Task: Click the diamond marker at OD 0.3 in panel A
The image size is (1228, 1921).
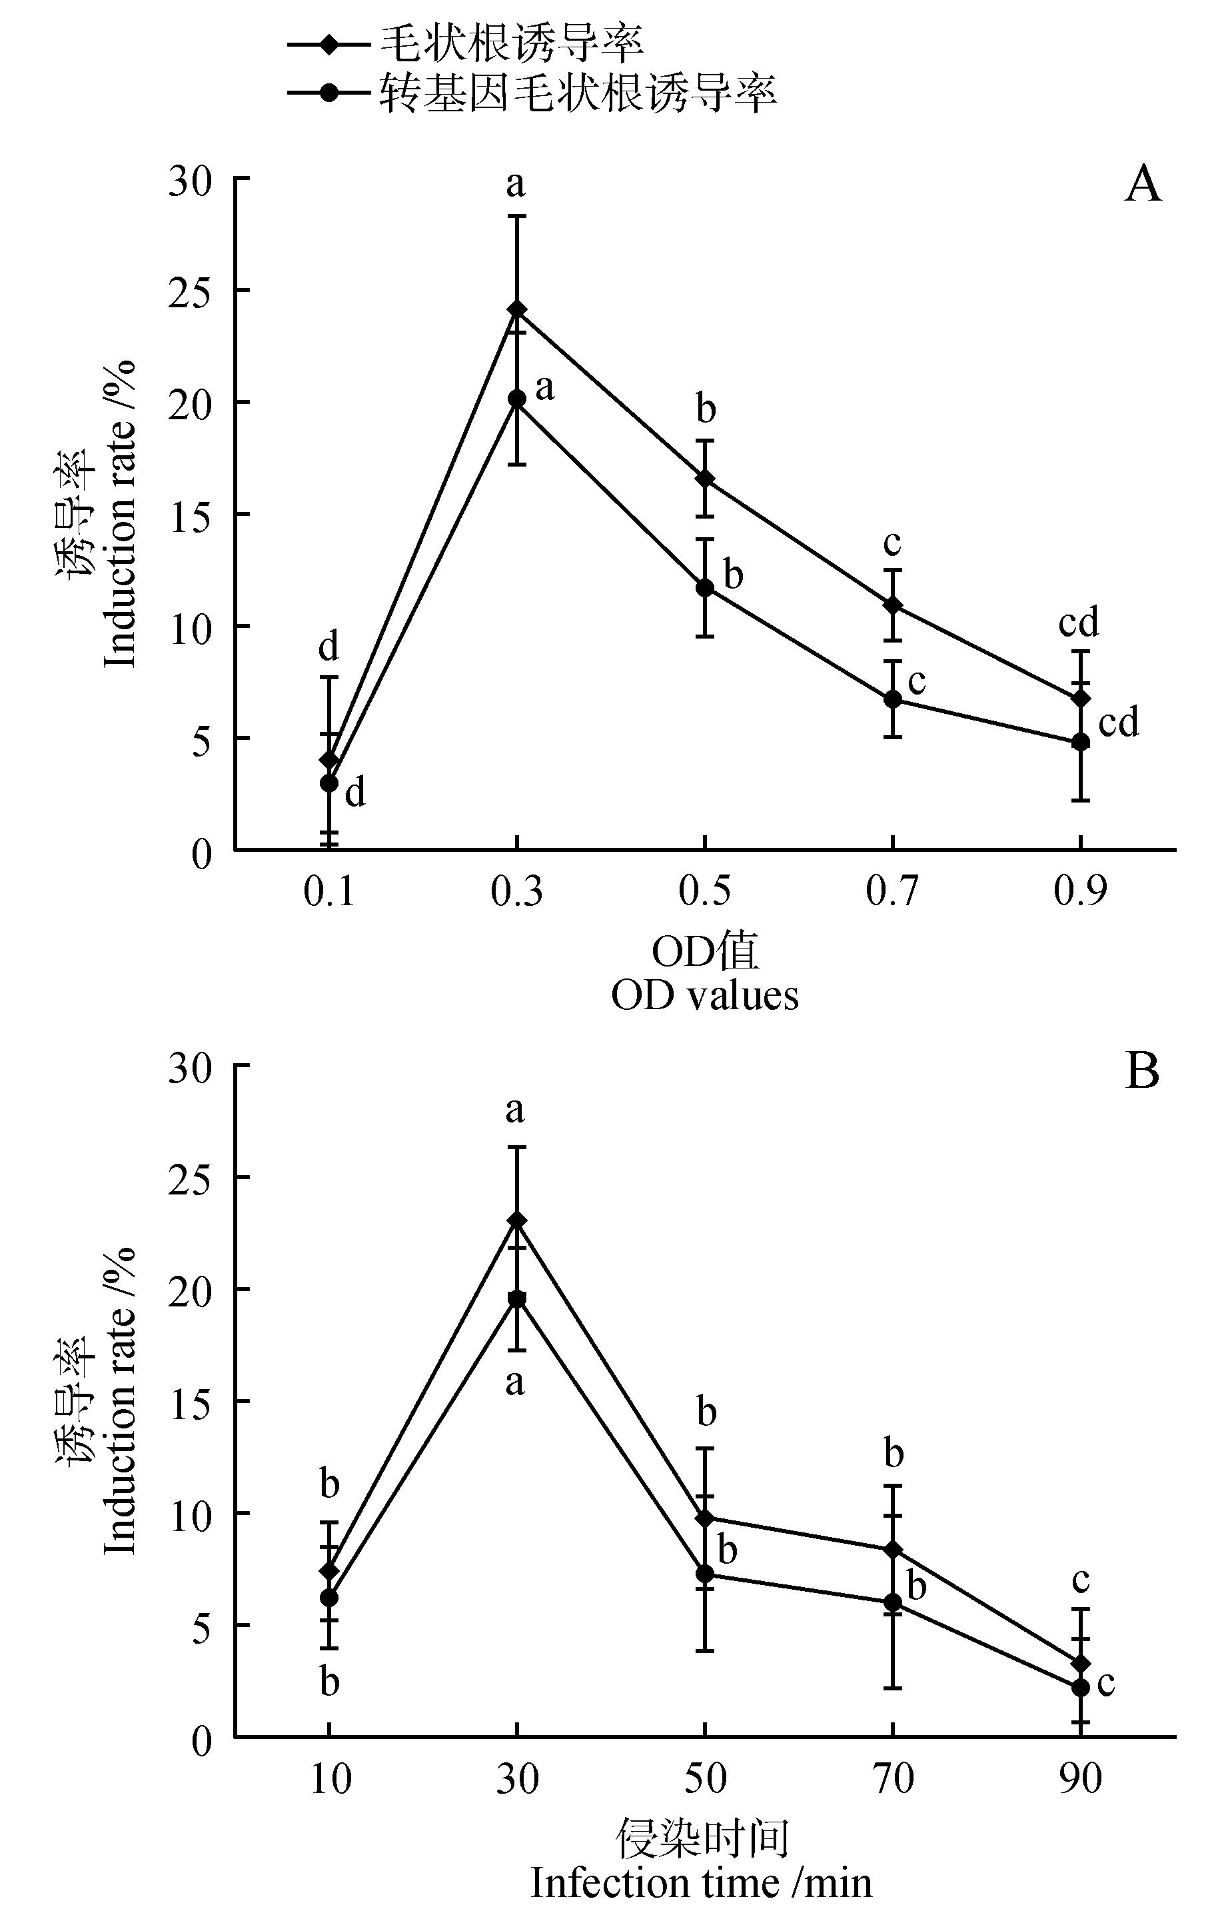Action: (516, 309)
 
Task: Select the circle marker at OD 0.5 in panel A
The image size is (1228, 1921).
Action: (705, 588)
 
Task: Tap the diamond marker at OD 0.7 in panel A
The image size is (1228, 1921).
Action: (893, 605)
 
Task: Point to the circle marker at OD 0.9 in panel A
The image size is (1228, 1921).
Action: (1081, 742)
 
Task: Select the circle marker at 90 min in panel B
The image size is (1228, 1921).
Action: (1081, 1688)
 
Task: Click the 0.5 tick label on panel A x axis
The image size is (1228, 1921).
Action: (705, 891)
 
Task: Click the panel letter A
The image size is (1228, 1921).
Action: (1143, 186)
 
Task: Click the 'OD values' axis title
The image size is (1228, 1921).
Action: (705, 996)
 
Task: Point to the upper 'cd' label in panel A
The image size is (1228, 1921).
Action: (1078, 623)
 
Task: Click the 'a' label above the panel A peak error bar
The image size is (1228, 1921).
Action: (516, 184)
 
